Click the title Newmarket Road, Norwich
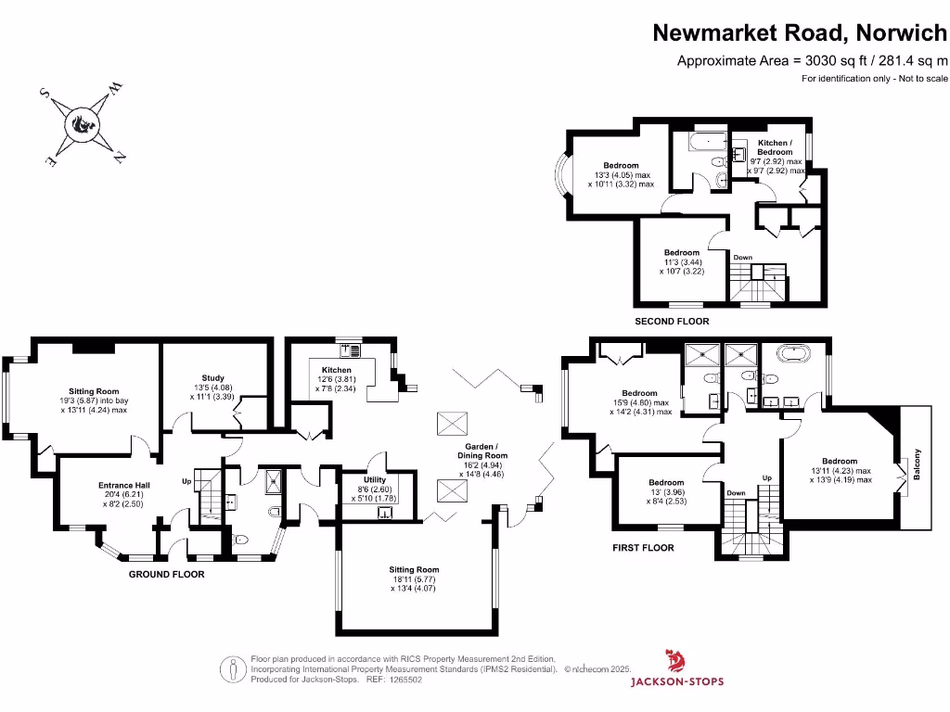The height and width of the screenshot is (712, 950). pyautogui.click(x=801, y=32)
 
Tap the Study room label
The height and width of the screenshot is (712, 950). pyautogui.click(x=213, y=377)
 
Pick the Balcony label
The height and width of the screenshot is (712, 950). pyautogui.click(x=918, y=464)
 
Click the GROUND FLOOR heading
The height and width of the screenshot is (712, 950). pyautogui.click(x=166, y=574)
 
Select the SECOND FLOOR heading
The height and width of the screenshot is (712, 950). pyautogui.click(x=672, y=322)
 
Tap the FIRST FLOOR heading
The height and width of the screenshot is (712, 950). pyautogui.click(x=643, y=548)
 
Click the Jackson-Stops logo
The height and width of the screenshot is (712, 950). pyautogui.click(x=677, y=670)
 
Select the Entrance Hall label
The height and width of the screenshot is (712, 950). pyautogui.click(x=123, y=485)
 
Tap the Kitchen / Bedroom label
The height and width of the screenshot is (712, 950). pyautogui.click(x=775, y=147)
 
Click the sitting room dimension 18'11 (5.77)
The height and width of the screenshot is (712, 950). pyautogui.click(x=415, y=578)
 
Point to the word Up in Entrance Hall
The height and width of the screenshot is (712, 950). pyautogui.click(x=186, y=481)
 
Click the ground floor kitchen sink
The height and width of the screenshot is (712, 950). pyautogui.click(x=352, y=350)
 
